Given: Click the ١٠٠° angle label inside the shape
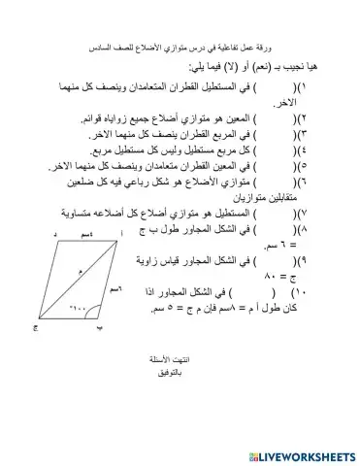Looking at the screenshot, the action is (x=81, y=309).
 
